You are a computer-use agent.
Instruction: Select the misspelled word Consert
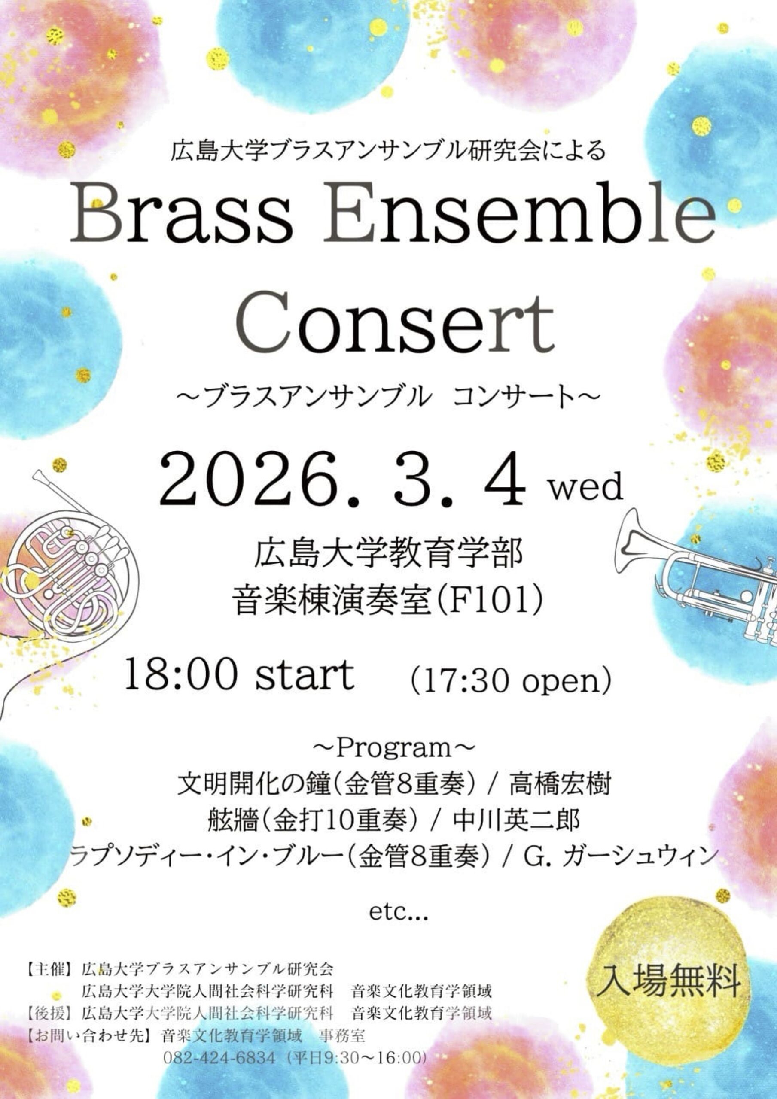pyautogui.click(x=395, y=321)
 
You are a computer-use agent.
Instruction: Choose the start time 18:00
pyautogui.click(x=181, y=675)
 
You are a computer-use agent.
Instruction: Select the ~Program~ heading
pyautogui.click(x=394, y=750)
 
